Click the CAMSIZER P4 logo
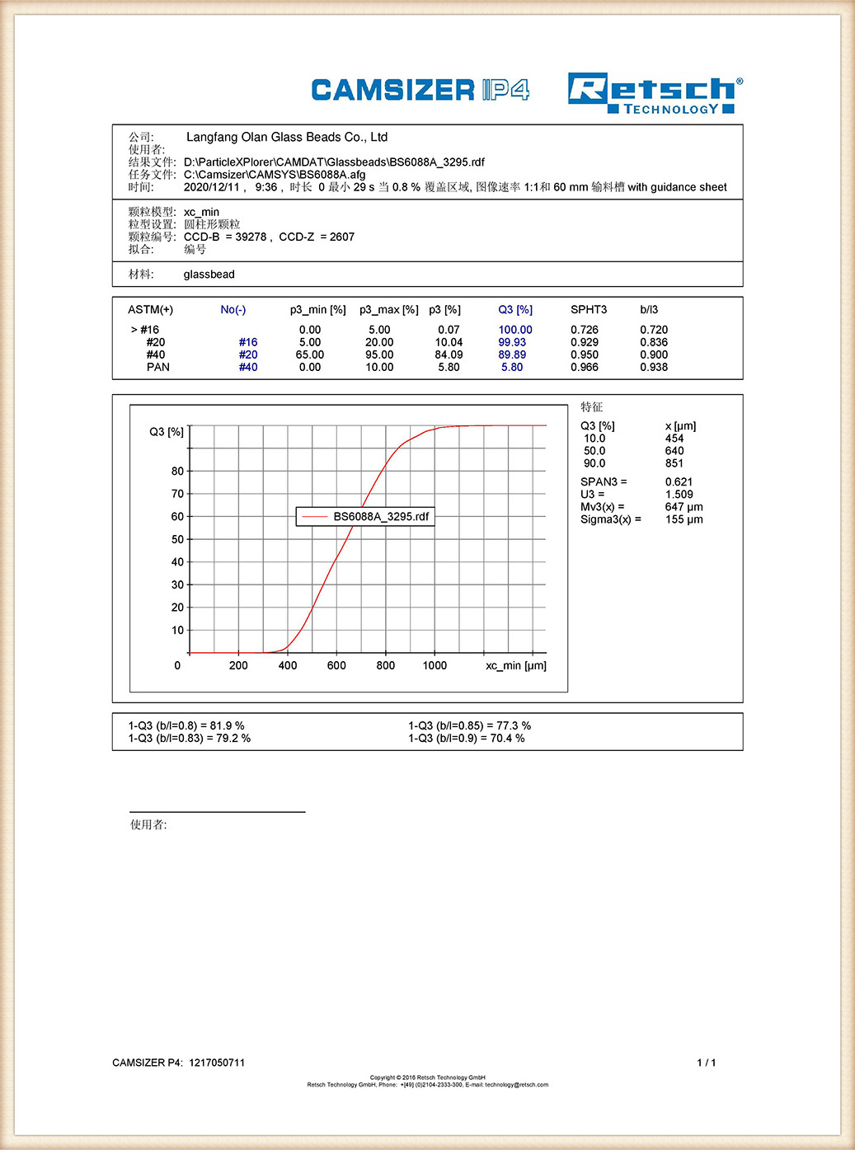coord(420,90)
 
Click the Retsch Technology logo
coord(655,93)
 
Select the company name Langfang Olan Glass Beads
coord(286,137)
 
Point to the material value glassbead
coord(209,275)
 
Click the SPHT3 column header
coord(588,310)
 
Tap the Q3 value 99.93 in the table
coord(512,342)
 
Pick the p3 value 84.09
coord(449,354)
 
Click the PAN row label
coord(157,367)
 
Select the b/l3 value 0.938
coord(654,367)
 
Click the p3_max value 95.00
coord(379,354)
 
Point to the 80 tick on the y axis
coord(178,472)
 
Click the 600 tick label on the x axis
coord(336,665)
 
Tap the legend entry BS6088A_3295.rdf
coord(381,517)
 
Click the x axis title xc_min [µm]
coord(515,665)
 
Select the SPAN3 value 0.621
coord(679,482)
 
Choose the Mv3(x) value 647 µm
coord(684,507)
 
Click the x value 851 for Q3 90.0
coord(674,463)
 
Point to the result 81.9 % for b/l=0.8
coord(227,725)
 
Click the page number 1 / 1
coord(706,1063)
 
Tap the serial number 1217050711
coord(217,1063)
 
